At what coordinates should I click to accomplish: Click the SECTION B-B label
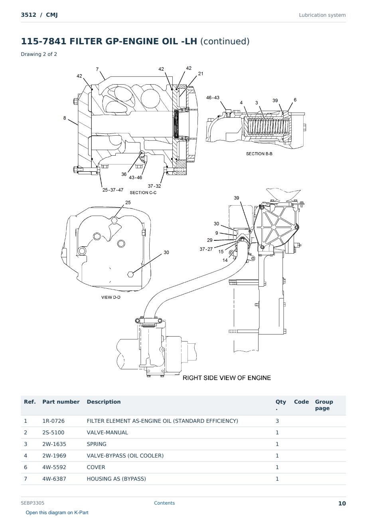[259, 154]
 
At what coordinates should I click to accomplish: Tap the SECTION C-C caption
[143, 192]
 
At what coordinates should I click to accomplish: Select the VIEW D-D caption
[110, 297]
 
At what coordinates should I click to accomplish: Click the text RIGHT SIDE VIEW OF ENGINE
[227, 378]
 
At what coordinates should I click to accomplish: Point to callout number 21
[201, 74]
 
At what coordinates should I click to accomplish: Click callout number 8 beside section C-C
[65, 118]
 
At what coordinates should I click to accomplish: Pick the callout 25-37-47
[113, 190]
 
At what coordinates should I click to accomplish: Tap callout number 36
[124, 174]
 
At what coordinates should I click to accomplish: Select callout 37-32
[154, 186]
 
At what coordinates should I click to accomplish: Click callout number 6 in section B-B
[295, 100]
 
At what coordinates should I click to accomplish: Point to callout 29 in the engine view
[209, 240]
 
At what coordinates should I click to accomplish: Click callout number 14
[225, 260]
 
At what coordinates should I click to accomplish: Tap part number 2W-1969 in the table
[54, 456]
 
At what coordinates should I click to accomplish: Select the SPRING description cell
[97, 444]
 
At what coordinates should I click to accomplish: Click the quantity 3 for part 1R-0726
[277, 421]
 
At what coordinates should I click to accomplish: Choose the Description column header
[104, 402]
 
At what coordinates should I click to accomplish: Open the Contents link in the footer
[164, 503]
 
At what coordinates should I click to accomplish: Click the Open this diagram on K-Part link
[57, 513]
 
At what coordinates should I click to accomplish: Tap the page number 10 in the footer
[342, 503]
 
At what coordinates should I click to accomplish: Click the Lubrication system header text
[322, 15]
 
